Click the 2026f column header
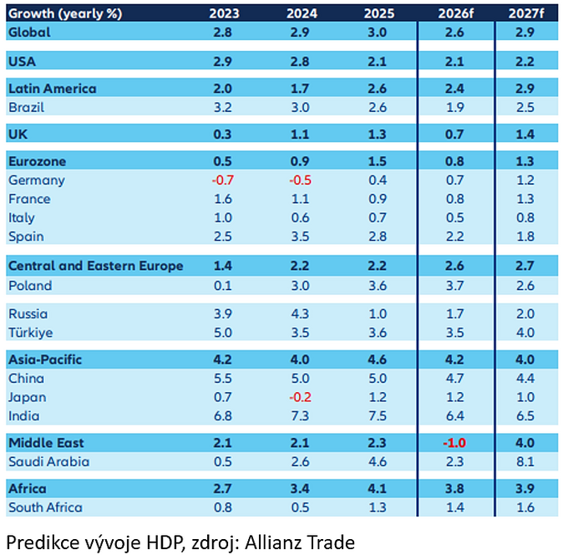click(x=455, y=13)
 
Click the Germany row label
click(x=36, y=181)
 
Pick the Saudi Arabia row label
click(x=49, y=461)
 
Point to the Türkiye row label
click(x=31, y=333)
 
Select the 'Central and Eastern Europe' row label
click(x=95, y=266)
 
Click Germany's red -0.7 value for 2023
click(x=223, y=181)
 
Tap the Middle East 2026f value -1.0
click(x=455, y=442)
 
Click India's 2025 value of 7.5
click(x=377, y=415)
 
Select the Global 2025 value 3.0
click(x=377, y=32)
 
